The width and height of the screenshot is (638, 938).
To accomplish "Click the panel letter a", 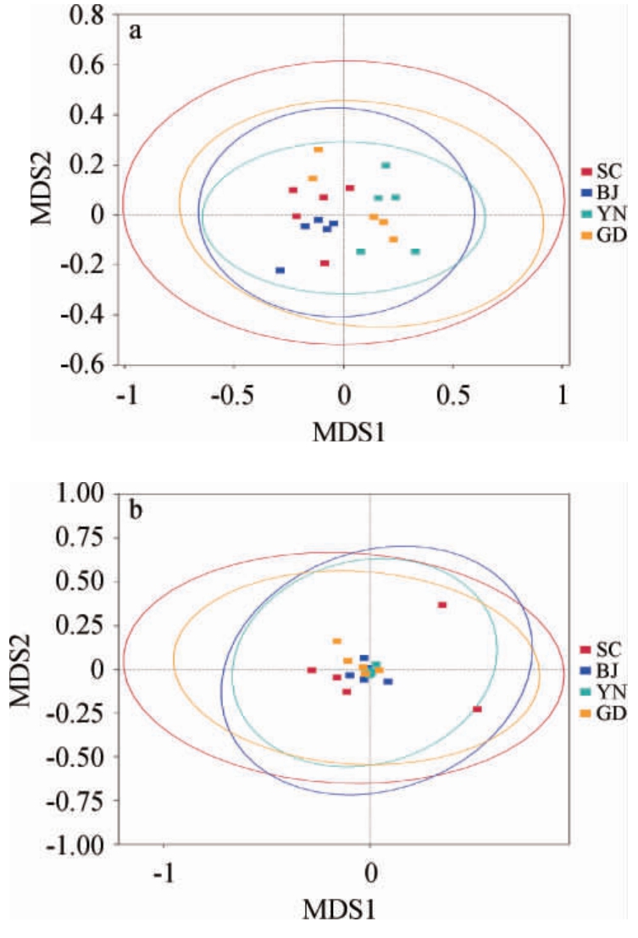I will pyautogui.click(x=134, y=33).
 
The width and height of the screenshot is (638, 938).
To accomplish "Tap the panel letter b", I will pyautogui.click(x=134, y=512).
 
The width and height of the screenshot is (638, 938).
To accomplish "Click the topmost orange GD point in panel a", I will pyautogui.click(x=319, y=150).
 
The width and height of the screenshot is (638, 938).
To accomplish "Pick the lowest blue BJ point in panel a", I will pyautogui.click(x=280, y=270).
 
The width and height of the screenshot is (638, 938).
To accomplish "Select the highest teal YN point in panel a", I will pyautogui.click(x=386, y=165).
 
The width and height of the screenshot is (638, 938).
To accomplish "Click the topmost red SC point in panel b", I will pyautogui.click(x=441, y=605).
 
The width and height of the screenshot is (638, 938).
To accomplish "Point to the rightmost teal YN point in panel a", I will pyautogui.click(x=415, y=252).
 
